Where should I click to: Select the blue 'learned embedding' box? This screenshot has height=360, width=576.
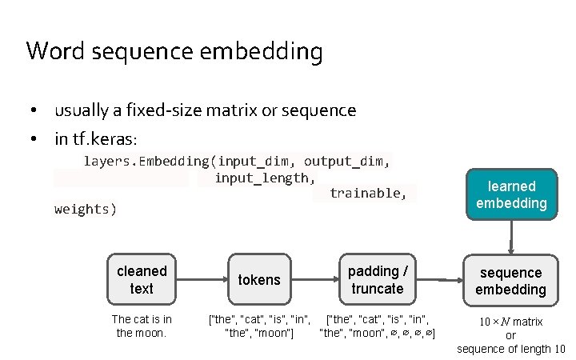(511, 194)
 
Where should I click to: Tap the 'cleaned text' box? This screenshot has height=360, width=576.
(142, 279)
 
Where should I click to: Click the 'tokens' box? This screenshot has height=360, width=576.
(259, 279)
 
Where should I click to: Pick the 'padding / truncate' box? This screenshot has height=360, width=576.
(377, 279)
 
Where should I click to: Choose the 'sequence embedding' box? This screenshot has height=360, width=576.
(511, 281)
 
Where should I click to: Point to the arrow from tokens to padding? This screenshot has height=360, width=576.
(315, 280)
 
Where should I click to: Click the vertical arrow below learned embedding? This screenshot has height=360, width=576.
(511, 236)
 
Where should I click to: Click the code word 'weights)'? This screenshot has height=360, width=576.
(86, 210)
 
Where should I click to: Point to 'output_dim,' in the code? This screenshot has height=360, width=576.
(347, 161)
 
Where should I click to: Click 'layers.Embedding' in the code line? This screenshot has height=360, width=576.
(146, 161)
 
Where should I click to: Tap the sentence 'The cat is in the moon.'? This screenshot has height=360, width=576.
(142, 326)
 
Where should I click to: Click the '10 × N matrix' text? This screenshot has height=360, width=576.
(511, 322)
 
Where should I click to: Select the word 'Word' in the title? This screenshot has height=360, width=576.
(54, 52)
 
